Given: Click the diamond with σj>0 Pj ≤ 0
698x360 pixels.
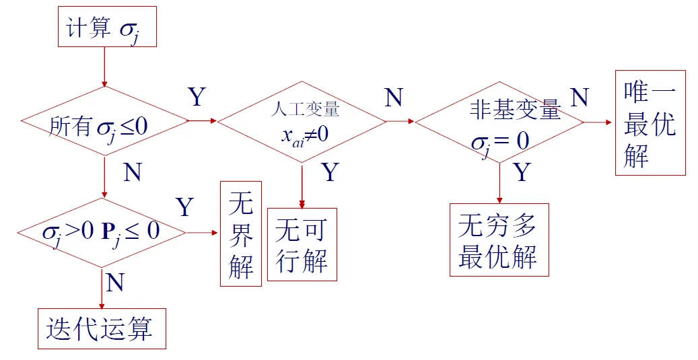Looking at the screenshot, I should [101, 233].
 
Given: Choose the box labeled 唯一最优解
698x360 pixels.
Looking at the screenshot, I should [650, 123].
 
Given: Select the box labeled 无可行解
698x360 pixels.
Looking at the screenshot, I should [302, 244].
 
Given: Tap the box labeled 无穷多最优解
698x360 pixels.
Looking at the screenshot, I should [499, 240].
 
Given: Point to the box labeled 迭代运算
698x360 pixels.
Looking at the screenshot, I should [101, 328].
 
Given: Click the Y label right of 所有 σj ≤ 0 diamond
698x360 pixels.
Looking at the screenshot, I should [196, 98].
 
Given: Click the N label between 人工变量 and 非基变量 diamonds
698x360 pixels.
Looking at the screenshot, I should [393, 98].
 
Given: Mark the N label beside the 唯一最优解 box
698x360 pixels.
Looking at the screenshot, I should [579, 98].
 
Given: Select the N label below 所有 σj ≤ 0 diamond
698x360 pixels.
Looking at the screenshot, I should [133, 173].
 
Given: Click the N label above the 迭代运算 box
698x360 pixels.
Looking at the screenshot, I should [115, 283].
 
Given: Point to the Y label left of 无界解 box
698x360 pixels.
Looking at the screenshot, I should [185, 207].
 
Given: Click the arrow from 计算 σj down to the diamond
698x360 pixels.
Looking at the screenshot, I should [104, 67].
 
